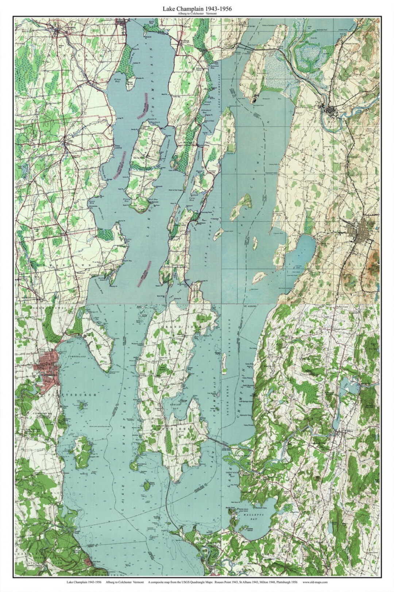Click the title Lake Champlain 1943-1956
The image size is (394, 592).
tap(197, 8)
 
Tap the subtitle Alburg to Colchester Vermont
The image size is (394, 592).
tap(197, 13)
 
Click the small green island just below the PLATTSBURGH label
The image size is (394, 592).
tap(80, 405)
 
